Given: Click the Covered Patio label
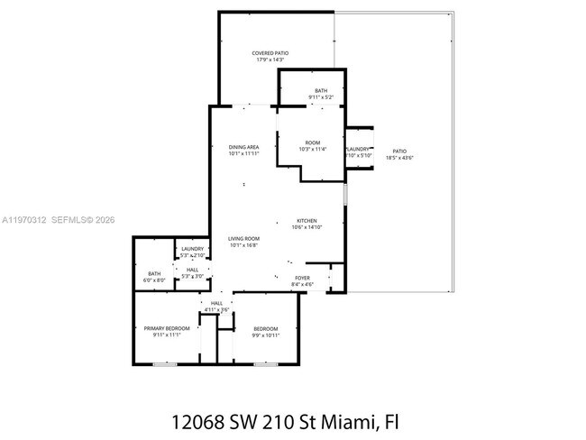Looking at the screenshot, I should [270, 53].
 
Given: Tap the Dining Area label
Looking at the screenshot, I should [243, 147].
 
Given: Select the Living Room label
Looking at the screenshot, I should [243, 238].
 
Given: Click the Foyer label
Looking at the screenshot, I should [303, 278].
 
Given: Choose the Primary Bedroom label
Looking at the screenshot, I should [167, 328].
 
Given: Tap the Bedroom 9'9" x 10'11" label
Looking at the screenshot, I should [265, 328].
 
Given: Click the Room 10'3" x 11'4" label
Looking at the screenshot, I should [312, 142].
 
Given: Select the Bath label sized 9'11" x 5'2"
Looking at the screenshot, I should [321, 90].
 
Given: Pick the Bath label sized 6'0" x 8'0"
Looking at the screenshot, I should [154, 274].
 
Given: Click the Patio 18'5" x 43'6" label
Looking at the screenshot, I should [398, 151].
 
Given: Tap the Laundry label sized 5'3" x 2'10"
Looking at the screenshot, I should [193, 249].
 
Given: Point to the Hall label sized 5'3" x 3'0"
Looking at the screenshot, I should [193, 269].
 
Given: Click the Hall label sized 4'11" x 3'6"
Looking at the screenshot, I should [216, 303].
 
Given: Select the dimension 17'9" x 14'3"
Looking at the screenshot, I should [270, 60].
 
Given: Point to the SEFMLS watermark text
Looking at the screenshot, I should [69, 219].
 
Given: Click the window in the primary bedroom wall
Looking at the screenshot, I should [165, 364].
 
